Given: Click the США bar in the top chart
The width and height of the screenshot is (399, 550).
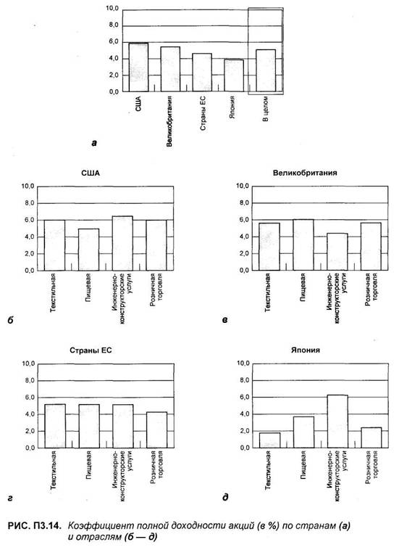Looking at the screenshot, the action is coord(138,67).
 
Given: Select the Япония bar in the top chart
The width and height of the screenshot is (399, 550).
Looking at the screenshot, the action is coord(234,75).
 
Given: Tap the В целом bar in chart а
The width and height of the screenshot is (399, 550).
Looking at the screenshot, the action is coord(266,70).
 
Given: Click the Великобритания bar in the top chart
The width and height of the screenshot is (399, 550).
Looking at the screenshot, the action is coord(170,70).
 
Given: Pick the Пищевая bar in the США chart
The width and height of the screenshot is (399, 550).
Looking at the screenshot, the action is coord(88,250).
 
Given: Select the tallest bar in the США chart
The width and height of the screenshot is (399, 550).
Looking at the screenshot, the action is coord(122,243).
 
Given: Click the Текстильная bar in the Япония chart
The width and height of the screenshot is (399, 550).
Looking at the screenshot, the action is coord(269,440).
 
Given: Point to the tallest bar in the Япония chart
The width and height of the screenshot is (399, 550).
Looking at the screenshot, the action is coord(337,422).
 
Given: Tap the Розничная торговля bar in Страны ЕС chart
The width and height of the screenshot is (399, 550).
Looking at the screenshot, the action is coord(156,430).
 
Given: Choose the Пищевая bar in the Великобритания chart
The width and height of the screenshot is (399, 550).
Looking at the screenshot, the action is coord(303,245).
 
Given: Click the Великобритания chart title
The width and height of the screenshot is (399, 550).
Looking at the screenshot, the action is coord(305,173).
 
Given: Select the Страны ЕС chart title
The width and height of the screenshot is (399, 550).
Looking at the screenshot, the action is coord(91,350).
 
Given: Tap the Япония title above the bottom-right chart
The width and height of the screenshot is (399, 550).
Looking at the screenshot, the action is coord(306,350).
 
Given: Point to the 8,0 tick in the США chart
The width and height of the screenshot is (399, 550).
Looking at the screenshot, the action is coord(28,203).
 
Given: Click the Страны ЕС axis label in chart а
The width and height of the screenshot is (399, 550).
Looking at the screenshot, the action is coord(203,113).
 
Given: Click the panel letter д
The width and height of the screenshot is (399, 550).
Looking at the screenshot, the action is coord(225,497).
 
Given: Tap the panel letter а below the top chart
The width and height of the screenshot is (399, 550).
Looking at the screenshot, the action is coord(94,142).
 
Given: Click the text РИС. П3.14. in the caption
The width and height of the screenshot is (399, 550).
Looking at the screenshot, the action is coord(35,525).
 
